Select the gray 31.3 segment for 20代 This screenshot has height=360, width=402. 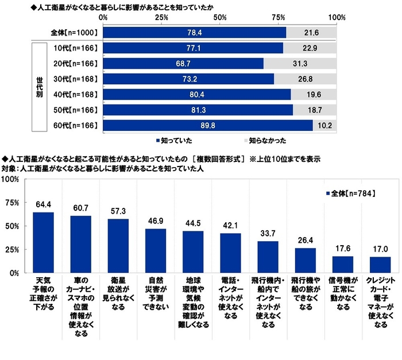(x=299, y=63)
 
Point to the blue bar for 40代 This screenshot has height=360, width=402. (x=197, y=94)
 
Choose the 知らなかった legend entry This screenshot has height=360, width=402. (x=265, y=140)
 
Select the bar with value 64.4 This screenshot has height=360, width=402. (x=43, y=242)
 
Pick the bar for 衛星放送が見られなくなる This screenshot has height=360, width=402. (x=118, y=246)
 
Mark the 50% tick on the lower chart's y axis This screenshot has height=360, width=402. (x=11, y=226)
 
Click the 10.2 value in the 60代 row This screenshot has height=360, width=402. (x=324, y=125)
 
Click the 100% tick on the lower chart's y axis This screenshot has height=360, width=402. (x=10, y=179)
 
